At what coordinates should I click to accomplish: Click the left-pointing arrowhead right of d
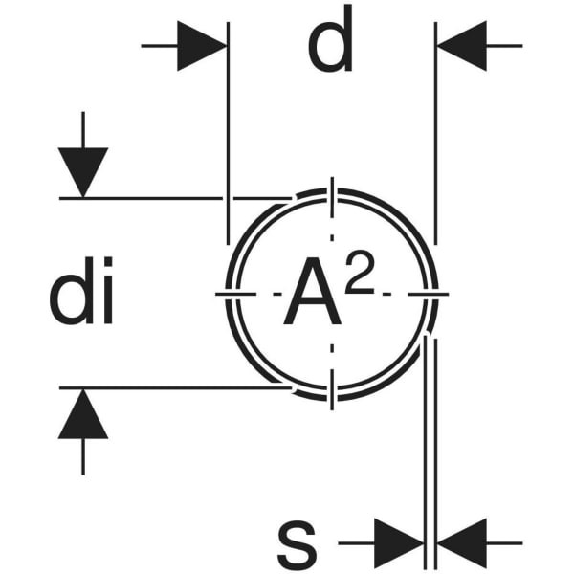[x=461, y=45]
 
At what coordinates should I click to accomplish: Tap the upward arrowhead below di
[x=83, y=416]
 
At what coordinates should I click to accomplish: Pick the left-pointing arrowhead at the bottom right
[x=463, y=542]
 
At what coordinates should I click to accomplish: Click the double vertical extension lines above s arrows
[x=430, y=440]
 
